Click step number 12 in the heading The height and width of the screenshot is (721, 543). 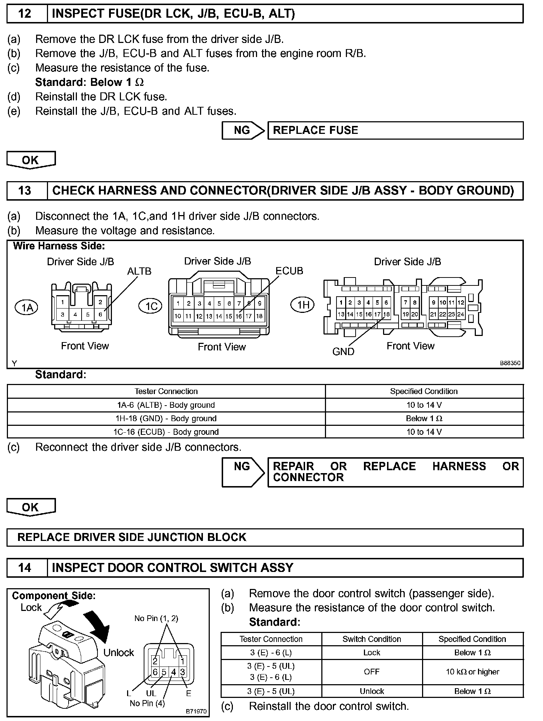point(25,14)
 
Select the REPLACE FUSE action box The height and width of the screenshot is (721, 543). point(395,130)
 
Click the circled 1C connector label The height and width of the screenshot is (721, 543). point(151,306)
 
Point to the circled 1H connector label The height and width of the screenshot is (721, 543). point(303,305)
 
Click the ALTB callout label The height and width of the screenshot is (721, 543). point(139,271)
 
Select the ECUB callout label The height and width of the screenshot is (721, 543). point(289,271)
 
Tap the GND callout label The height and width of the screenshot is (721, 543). point(343,351)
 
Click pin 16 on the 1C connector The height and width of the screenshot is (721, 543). point(239,316)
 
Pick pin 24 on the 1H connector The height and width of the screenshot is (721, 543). point(460,314)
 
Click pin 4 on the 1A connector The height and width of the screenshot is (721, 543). point(75,314)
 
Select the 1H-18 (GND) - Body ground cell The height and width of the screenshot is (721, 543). point(166,419)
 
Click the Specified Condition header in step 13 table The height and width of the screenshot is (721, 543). point(423,391)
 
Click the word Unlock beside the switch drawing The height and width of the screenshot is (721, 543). point(118,652)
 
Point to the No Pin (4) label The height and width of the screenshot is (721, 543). point(147,703)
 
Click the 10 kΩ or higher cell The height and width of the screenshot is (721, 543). point(472,672)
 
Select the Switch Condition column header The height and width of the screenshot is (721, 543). point(372,639)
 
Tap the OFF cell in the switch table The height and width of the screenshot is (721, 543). point(372,672)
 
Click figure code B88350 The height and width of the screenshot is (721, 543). point(510,363)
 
